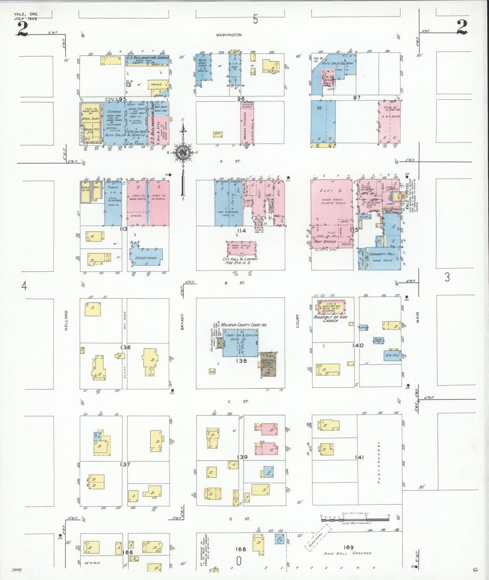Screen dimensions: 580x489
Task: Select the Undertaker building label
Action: click(146, 258)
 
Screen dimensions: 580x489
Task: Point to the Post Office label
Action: click(325, 242)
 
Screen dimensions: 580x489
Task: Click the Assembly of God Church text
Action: click(330, 319)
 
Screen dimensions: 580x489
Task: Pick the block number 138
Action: click(241, 361)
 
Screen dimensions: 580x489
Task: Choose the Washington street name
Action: click(229, 35)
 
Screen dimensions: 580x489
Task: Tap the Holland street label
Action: click(66, 320)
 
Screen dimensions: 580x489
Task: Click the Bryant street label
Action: click(182, 322)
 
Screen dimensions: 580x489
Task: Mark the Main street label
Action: click(417, 317)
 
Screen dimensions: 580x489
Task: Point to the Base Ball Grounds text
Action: click(348, 553)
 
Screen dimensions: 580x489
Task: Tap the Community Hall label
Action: click(382, 254)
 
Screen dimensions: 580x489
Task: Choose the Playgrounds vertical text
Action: click(379, 462)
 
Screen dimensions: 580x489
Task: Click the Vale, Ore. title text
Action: click(26, 15)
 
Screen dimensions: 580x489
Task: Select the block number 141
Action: click(359, 458)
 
